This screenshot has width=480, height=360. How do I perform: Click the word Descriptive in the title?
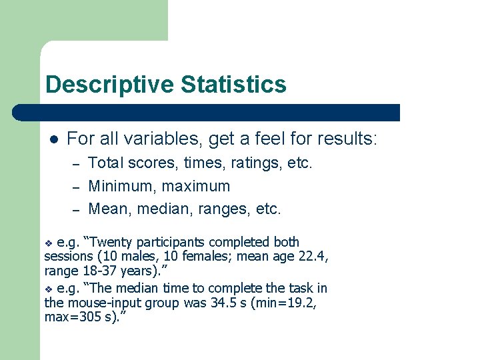(x=109, y=85)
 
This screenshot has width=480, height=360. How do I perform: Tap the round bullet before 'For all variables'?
(x=54, y=139)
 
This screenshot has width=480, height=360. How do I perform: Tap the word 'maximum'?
(x=196, y=186)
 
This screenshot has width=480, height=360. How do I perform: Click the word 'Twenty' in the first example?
(x=105, y=242)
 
